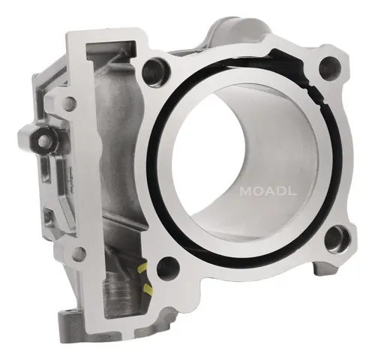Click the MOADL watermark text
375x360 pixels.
[268, 191]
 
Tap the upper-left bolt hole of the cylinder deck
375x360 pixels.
[155, 68]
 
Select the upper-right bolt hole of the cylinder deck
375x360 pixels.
[330, 67]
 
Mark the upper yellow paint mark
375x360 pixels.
[142, 268]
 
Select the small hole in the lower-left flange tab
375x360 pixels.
[78, 253]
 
